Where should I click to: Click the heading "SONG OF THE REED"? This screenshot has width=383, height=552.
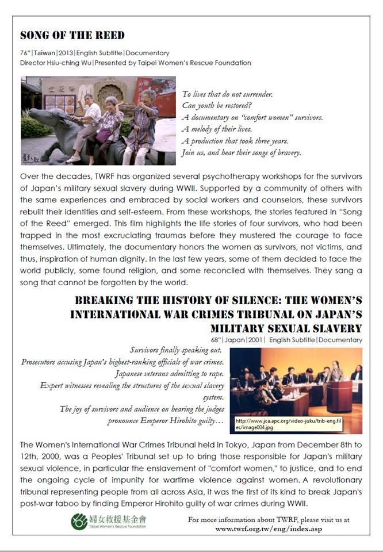click(x=72, y=36)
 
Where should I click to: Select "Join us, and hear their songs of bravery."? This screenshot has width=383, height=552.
click(x=241, y=153)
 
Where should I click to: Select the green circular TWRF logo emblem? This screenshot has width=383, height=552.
click(x=80, y=522)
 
